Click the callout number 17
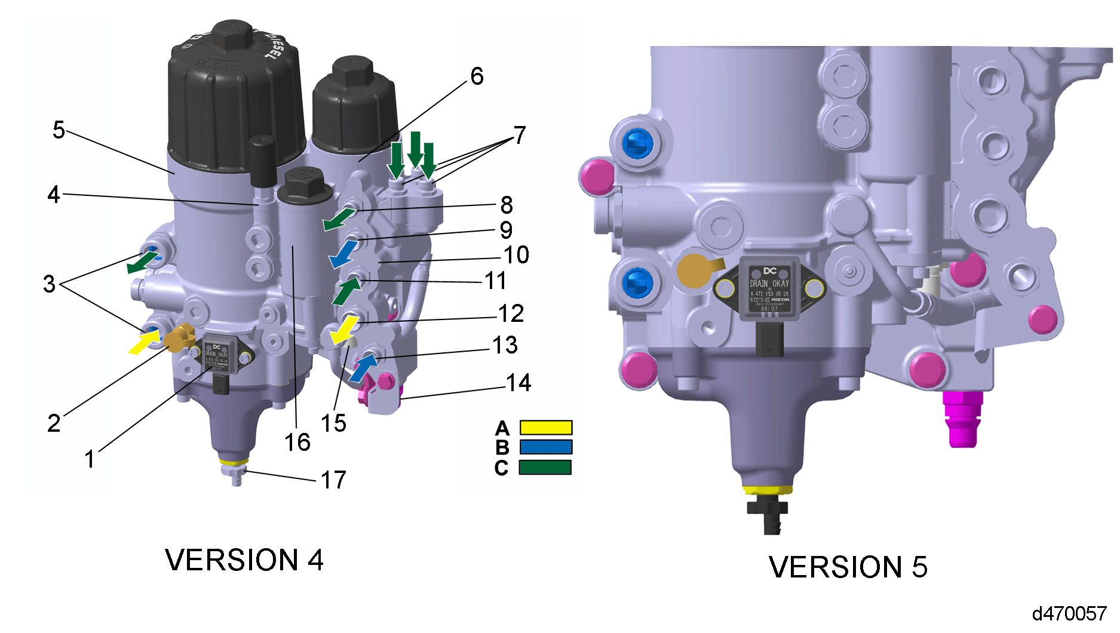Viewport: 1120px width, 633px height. click(x=333, y=480)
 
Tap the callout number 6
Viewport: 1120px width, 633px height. click(x=477, y=76)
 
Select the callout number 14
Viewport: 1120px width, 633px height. click(x=518, y=383)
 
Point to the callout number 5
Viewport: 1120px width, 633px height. click(x=59, y=130)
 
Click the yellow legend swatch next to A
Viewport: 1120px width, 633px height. click(x=545, y=428)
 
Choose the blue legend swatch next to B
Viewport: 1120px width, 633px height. click(x=545, y=447)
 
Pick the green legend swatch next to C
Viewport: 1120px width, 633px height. click(x=545, y=467)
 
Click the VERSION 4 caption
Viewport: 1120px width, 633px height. click(x=244, y=560)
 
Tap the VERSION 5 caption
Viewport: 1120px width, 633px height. click(x=848, y=567)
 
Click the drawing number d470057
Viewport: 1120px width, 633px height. click(x=1069, y=613)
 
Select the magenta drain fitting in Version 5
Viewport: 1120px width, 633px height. click(x=962, y=418)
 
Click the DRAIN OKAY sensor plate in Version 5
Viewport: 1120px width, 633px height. click(x=769, y=289)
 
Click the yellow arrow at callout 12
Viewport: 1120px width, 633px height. click(x=345, y=330)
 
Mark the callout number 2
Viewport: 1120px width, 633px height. click(x=54, y=423)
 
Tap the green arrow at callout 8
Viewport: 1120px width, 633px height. click(x=338, y=219)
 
